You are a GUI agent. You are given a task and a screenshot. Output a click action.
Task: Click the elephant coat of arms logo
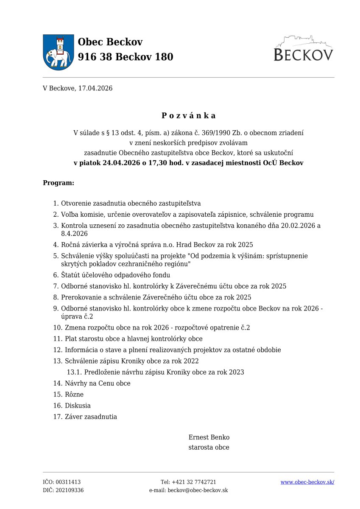(59, 52)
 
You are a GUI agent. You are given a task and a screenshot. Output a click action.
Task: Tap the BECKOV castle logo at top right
(303, 48)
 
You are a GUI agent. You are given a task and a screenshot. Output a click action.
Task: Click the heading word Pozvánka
(189, 115)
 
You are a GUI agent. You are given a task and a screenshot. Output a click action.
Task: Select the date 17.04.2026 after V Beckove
(95, 88)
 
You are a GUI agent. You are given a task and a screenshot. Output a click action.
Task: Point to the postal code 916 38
(93, 56)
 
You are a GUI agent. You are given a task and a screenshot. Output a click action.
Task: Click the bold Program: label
(59, 183)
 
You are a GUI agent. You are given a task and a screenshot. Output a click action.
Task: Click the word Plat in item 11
(71, 338)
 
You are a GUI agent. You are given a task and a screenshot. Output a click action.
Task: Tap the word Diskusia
(78, 406)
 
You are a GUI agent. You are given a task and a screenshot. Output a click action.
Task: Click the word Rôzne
(74, 394)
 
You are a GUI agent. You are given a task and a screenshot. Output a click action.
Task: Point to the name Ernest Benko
(209, 437)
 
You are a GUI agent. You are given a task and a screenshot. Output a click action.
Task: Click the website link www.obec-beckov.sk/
(307, 482)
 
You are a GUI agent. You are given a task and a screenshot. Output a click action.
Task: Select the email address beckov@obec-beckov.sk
(198, 490)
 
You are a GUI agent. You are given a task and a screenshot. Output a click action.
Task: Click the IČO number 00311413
(68, 482)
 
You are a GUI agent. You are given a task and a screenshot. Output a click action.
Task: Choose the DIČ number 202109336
(70, 490)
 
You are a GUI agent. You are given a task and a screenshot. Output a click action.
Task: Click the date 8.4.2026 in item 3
(74, 234)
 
